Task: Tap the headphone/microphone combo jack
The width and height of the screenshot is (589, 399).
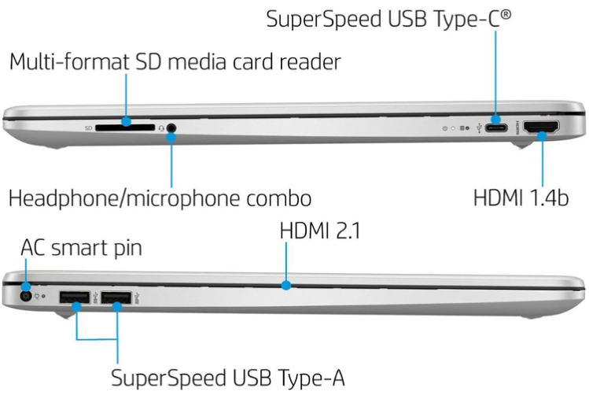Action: [x=171, y=126]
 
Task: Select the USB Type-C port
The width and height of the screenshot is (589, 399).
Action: [x=496, y=126]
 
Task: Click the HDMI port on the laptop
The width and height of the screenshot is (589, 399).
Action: [x=541, y=126]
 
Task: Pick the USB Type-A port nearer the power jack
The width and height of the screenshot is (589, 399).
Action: [x=75, y=297]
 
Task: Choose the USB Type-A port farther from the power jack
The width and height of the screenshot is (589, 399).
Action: [x=116, y=297]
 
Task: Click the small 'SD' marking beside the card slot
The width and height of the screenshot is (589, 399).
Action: [x=89, y=126]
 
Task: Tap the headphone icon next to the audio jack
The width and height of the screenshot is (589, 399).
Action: [x=160, y=126]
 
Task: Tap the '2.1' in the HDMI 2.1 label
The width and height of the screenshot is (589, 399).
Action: [x=344, y=231]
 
